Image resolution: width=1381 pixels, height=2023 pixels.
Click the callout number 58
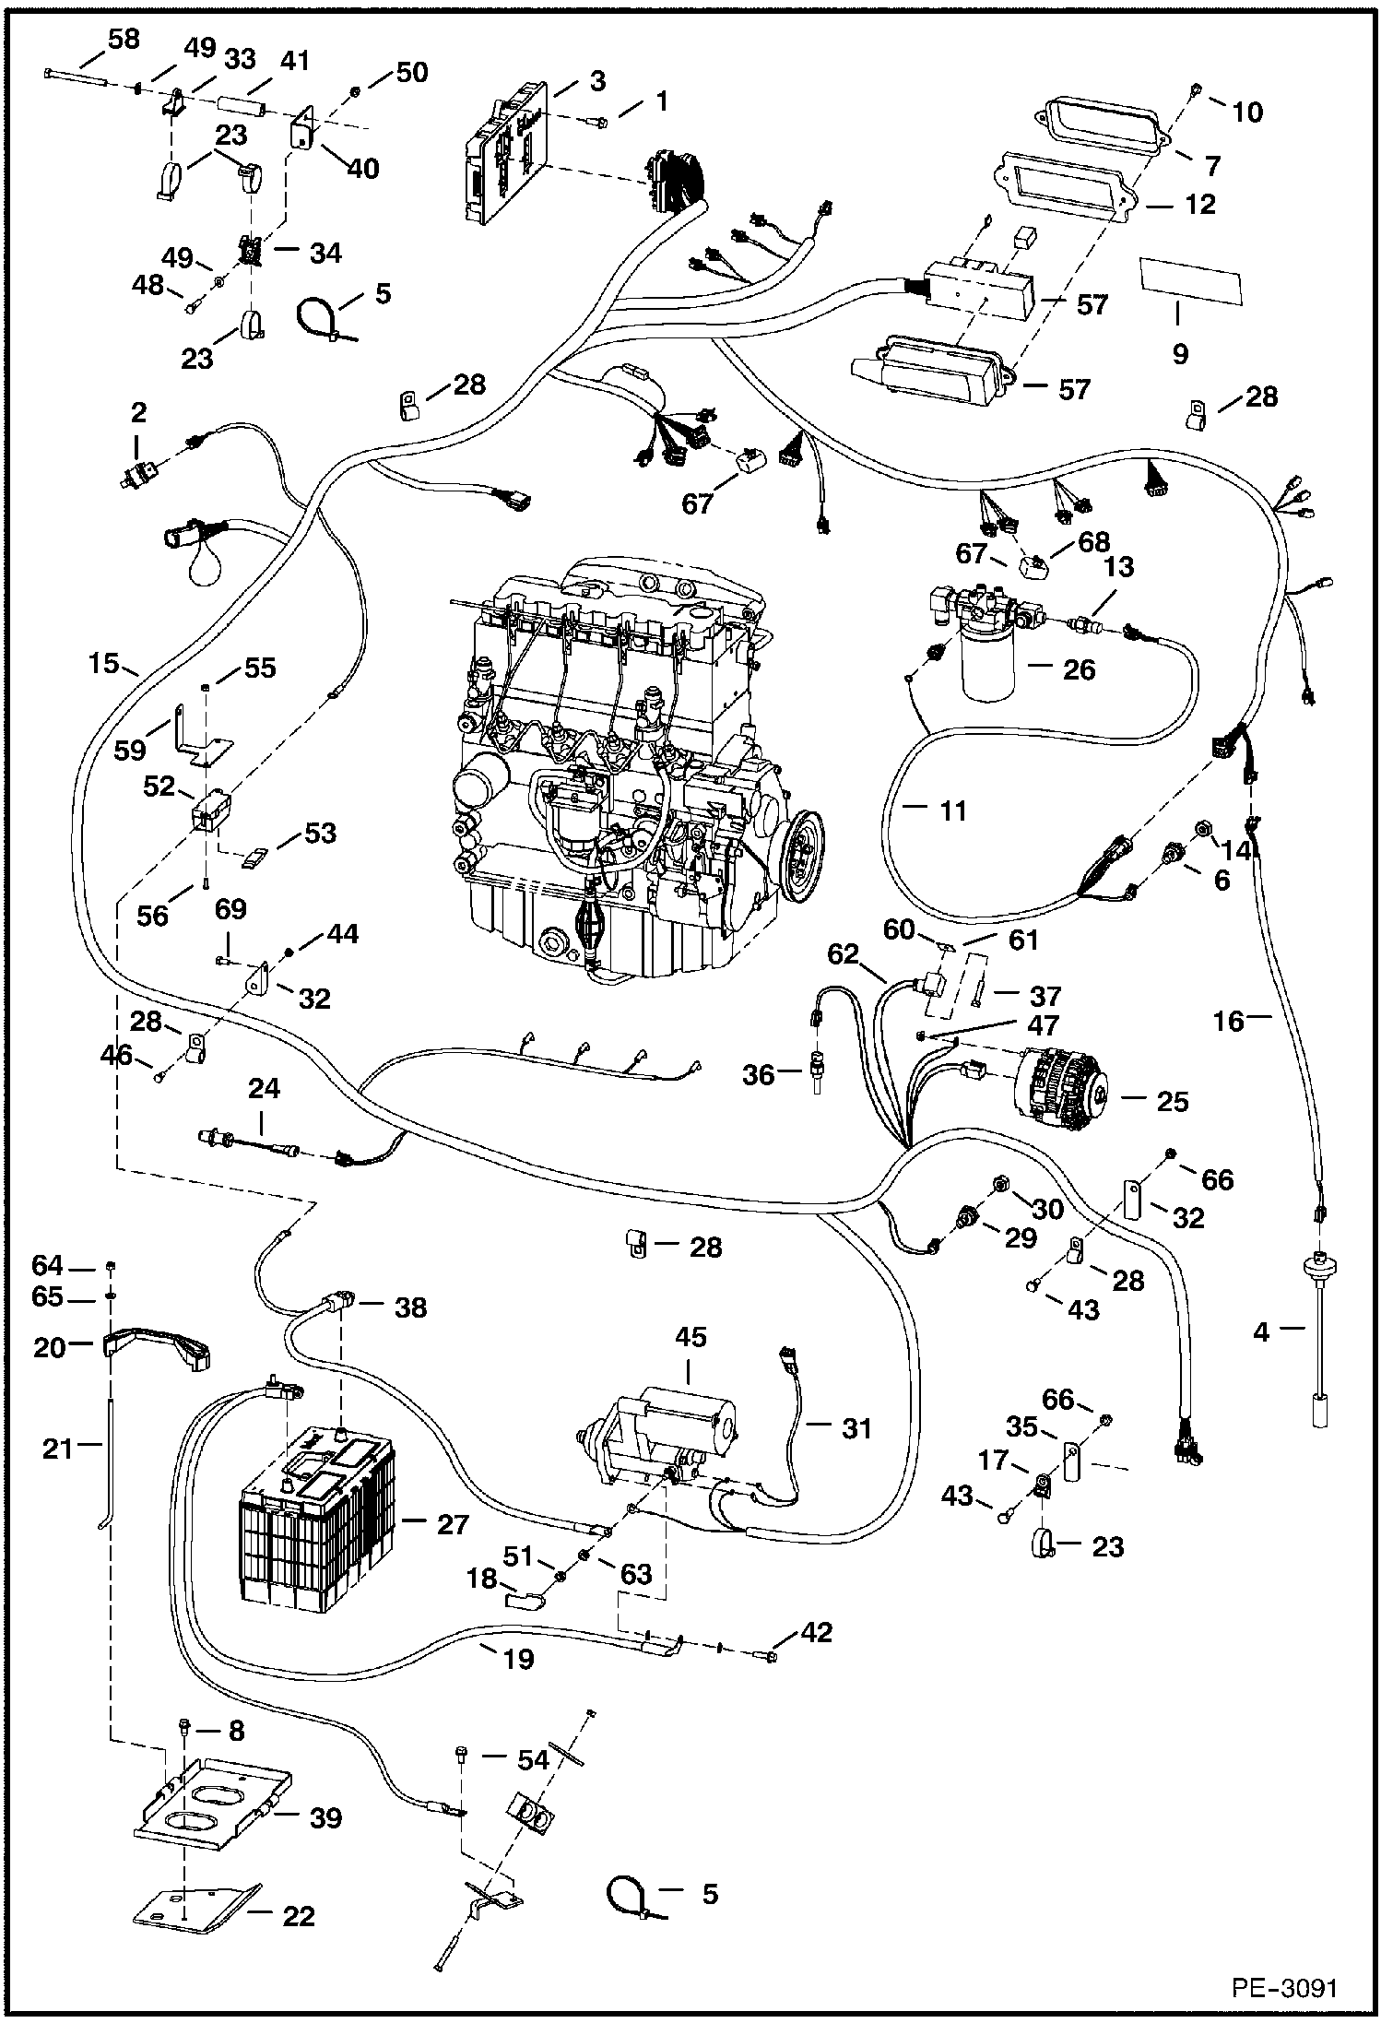(x=124, y=40)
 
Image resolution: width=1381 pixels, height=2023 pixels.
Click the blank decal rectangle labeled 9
(x=1190, y=281)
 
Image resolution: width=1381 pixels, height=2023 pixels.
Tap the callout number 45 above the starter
(x=690, y=1338)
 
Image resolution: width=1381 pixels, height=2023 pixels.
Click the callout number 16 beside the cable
(x=1228, y=1020)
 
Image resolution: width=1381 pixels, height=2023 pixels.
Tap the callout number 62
(x=842, y=953)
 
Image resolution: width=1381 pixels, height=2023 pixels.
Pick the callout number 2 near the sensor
(x=138, y=411)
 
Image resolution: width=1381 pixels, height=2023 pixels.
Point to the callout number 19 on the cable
(x=518, y=1660)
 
